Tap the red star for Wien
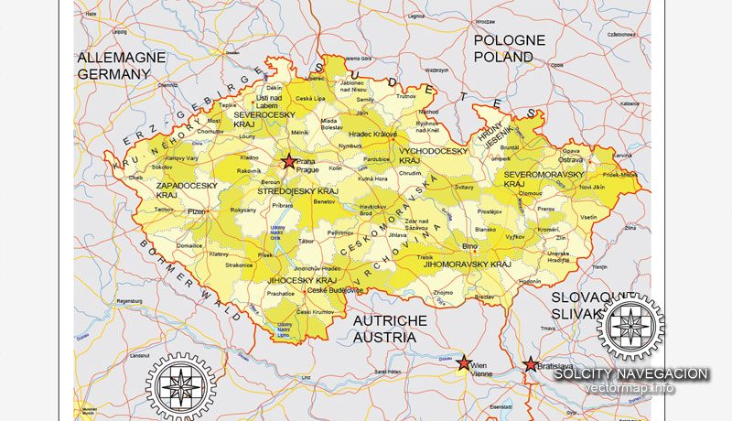coord(464,362)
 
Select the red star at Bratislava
coord(530,365)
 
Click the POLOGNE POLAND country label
coord(509,49)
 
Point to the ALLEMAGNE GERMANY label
coord(122,64)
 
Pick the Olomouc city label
coord(531,194)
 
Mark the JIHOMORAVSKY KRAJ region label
coord(473,264)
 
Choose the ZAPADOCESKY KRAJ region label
coord(186,190)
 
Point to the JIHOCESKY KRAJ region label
coord(302,280)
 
